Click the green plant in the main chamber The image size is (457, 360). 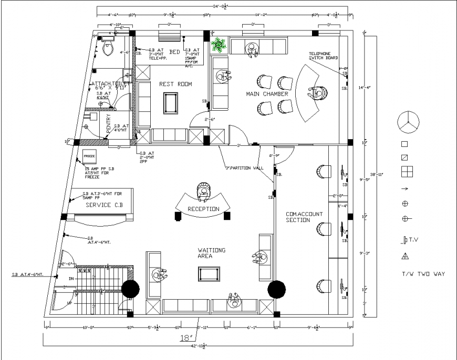(218, 46)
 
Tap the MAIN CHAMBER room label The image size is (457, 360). (267, 94)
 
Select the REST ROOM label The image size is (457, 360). (175, 84)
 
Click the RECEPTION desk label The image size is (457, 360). (203, 209)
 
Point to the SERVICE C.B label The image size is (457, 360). (106, 205)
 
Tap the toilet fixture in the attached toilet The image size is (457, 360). (109, 48)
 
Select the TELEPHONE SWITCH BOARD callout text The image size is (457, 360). (323, 56)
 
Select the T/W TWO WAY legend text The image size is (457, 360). (423, 274)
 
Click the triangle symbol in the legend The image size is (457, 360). (405, 256)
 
